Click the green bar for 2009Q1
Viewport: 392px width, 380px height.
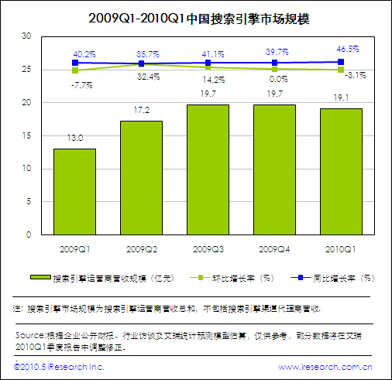pos(74,191)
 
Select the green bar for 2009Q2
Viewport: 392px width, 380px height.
pos(141,177)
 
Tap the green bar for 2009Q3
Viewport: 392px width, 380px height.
pos(208,169)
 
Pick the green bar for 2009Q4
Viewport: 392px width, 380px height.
pos(274,169)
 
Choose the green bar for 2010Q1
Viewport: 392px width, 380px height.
pos(341,171)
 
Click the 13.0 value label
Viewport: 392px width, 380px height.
pos(74,138)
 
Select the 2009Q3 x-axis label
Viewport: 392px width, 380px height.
pos(208,248)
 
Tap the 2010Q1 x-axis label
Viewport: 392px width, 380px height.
pos(341,248)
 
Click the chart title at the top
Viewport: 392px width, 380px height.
pos(195,16)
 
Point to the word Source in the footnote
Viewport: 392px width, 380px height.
pos(30,335)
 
